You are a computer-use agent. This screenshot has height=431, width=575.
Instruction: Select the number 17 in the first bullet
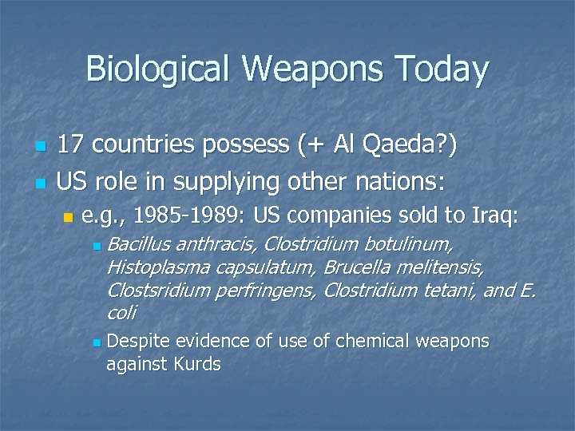[71, 146]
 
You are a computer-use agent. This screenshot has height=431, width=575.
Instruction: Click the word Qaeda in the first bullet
[394, 146]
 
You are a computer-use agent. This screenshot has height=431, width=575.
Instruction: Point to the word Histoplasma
[155, 265]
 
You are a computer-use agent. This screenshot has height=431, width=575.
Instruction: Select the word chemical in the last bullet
[371, 342]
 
